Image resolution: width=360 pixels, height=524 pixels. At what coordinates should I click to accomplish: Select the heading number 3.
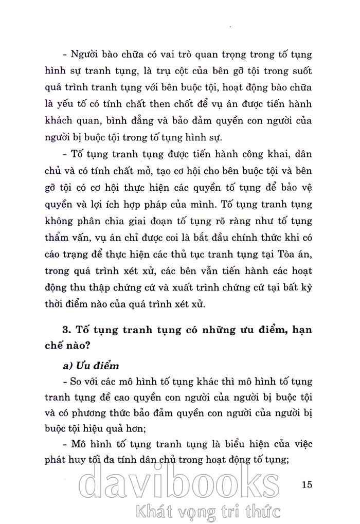tap(64, 330)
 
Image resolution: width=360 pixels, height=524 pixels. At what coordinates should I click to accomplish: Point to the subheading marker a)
tap(68, 366)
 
